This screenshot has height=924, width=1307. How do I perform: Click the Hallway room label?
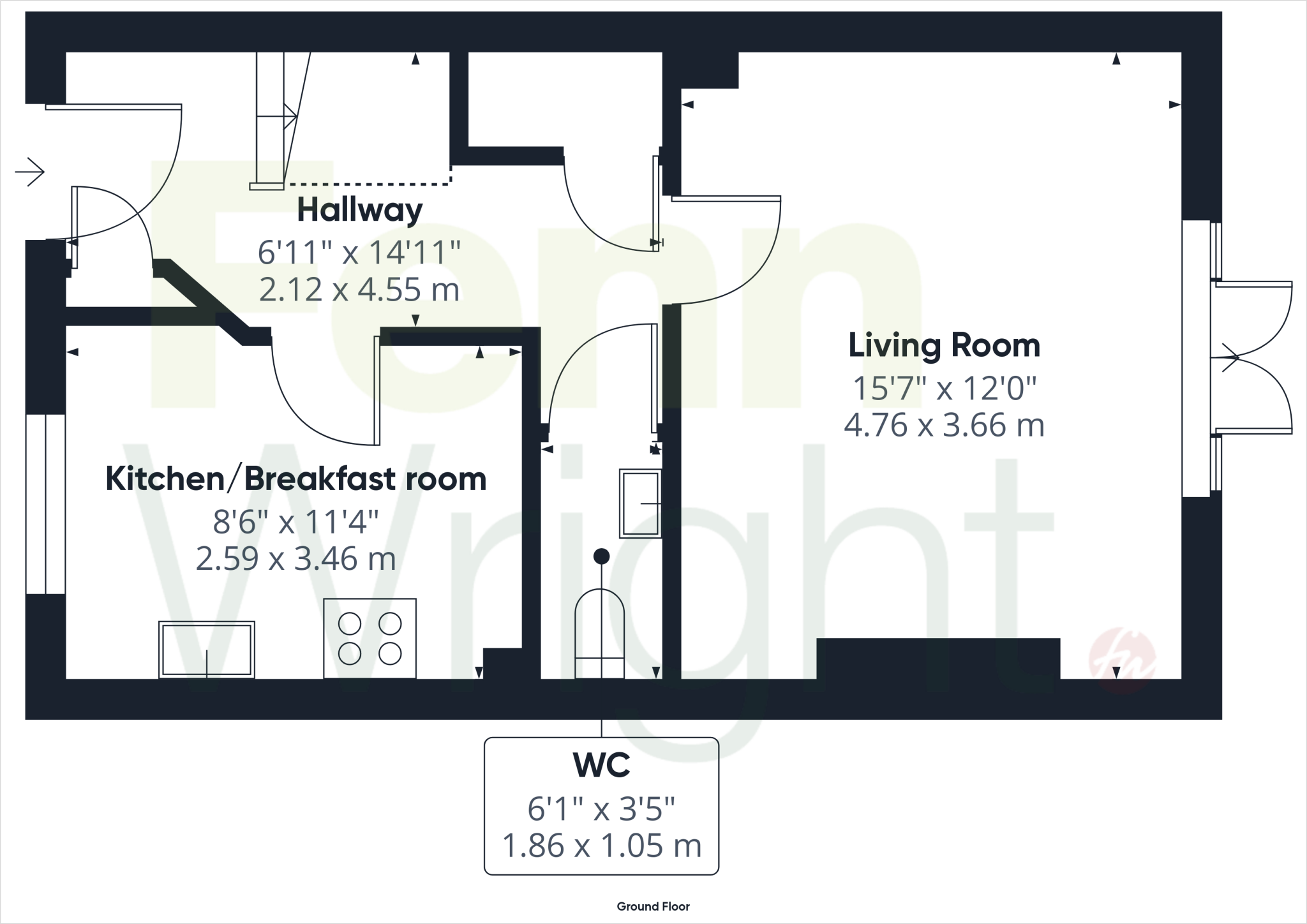coord(359,211)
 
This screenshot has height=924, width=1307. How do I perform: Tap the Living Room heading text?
coord(944,345)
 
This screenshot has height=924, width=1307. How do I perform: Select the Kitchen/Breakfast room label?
coord(295,479)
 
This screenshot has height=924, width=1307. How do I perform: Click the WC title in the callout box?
coord(601,766)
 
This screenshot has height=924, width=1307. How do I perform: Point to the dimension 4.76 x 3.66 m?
coord(944,425)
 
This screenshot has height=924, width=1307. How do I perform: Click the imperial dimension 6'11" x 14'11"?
coord(359,253)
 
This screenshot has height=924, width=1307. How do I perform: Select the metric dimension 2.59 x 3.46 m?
coord(295,559)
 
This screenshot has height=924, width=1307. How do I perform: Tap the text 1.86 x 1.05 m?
coord(601,846)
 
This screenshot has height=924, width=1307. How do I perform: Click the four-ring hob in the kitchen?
coord(370,638)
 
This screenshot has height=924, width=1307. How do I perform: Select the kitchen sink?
coord(206,649)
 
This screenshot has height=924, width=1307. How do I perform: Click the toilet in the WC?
coord(599,635)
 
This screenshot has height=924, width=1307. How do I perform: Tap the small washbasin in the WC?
coord(640,503)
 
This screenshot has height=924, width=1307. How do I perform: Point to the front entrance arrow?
coord(30,172)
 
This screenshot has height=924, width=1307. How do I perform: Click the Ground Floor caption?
coord(653,906)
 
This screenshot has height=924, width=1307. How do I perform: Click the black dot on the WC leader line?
coord(601,556)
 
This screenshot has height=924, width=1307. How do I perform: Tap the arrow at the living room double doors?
coord(1230,358)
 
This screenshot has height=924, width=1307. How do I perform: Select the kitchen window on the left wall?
coord(45,503)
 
